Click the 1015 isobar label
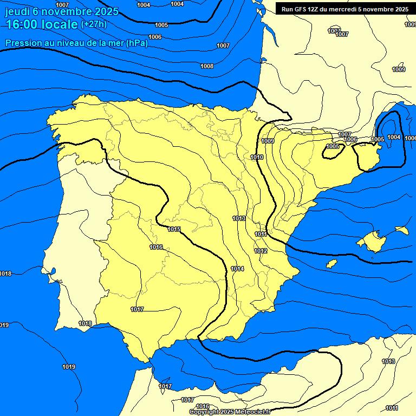pyautogui.click(x=174, y=229)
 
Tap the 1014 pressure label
pyautogui.click(x=237, y=269)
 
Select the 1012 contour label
pyautogui.click(x=261, y=251)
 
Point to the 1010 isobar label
pyautogui.click(x=257, y=157)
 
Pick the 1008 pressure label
pyautogui.click(x=207, y=66)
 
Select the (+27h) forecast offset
pyautogui.click(x=94, y=24)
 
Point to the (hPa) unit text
pyautogui.click(x=137, y=43)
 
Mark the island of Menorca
pyautogui.click(x=402, y=230)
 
